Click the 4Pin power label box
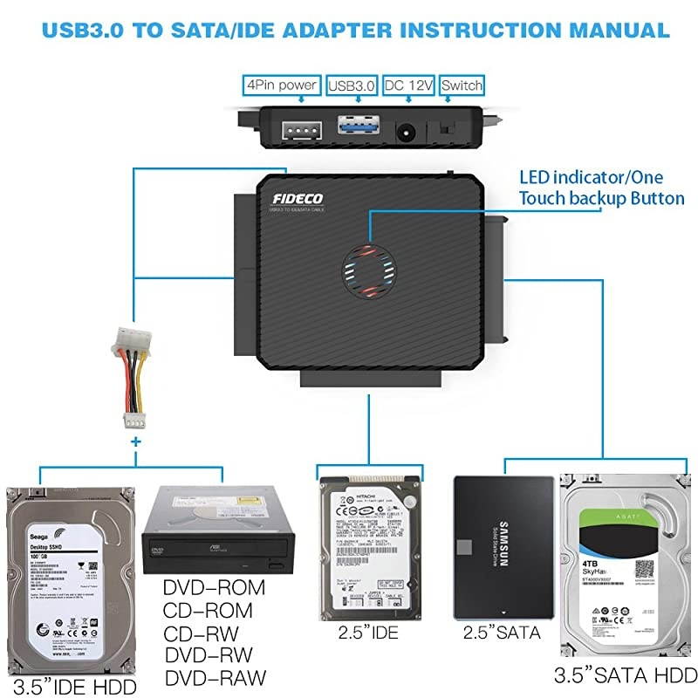pos(280,86)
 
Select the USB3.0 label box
pos(352,86)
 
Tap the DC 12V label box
pos(408,86)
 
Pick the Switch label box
pos(461,86)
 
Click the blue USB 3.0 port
pos(353,129)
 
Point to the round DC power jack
pos(406,133)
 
